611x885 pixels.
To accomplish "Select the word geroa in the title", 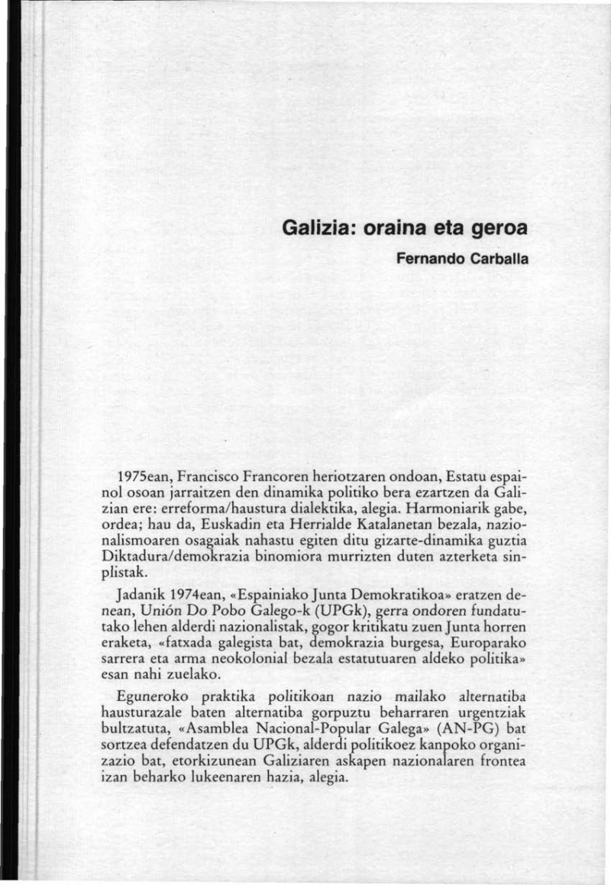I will (497, 228).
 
